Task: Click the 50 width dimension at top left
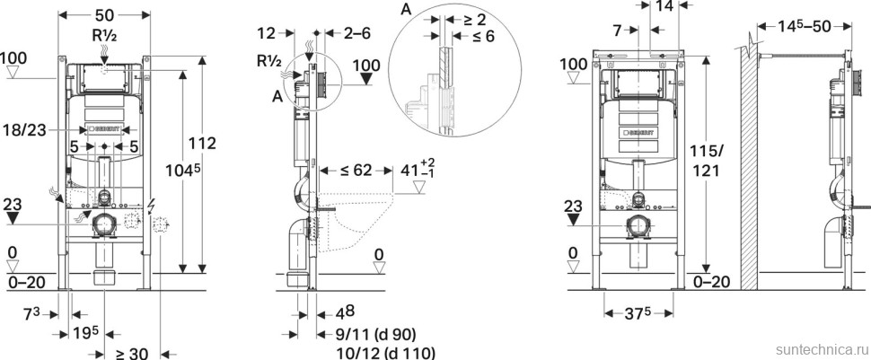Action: [104, 15]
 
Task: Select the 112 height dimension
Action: [202, 144]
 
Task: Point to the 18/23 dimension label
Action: [25, 129]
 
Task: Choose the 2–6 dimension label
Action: [356, 33]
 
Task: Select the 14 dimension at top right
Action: [664, 6]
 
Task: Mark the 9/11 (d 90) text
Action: [376, 334]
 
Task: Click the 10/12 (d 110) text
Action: [386, 353]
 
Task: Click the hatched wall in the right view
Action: [749, 167]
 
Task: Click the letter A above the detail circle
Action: [406, 10]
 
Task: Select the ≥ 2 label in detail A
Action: [474, 20]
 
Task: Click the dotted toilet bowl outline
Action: [356, 221]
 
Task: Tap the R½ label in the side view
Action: [268, 61]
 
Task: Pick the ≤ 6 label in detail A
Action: [481, 37]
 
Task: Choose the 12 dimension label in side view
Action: [267, 33]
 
